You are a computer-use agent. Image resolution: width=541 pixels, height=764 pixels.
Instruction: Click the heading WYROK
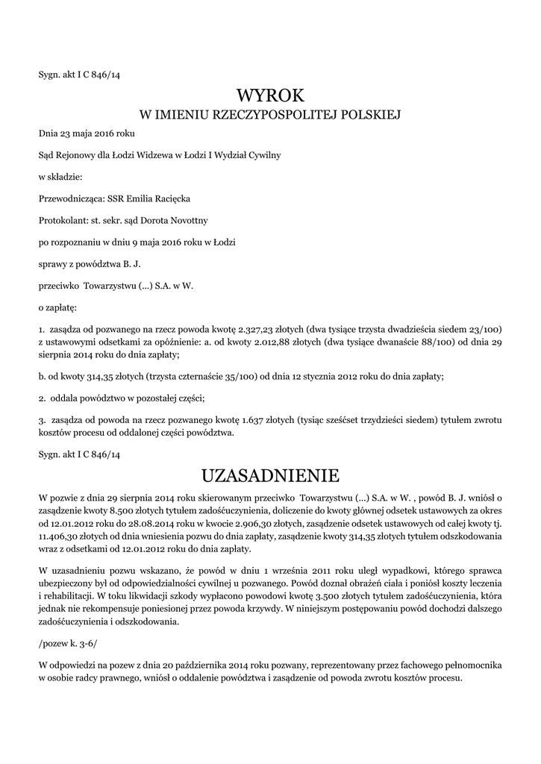tap(271, 95)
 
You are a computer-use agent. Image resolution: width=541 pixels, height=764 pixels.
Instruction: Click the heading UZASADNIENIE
tap(271, 475)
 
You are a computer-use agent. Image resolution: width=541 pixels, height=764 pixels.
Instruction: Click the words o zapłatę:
tap(57, 307)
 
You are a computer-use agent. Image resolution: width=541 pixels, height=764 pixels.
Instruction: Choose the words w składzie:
tap(61, 177)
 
